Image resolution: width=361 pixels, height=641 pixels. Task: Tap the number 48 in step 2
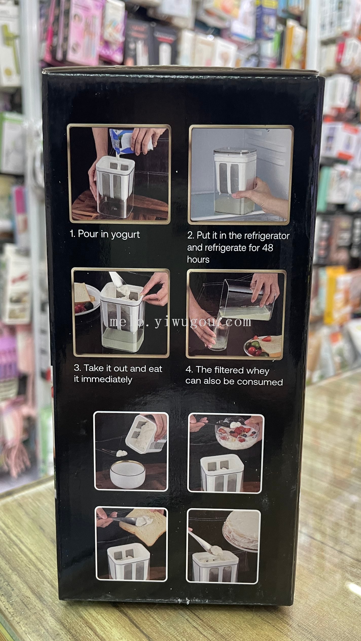[267, 248]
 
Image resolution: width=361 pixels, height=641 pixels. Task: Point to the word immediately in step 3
[107, 379]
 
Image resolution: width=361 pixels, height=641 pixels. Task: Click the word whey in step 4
[258, 371]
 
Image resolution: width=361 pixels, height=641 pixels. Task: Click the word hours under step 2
[198, 259]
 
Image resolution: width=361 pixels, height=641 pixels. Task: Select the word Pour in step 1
[88, 234]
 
